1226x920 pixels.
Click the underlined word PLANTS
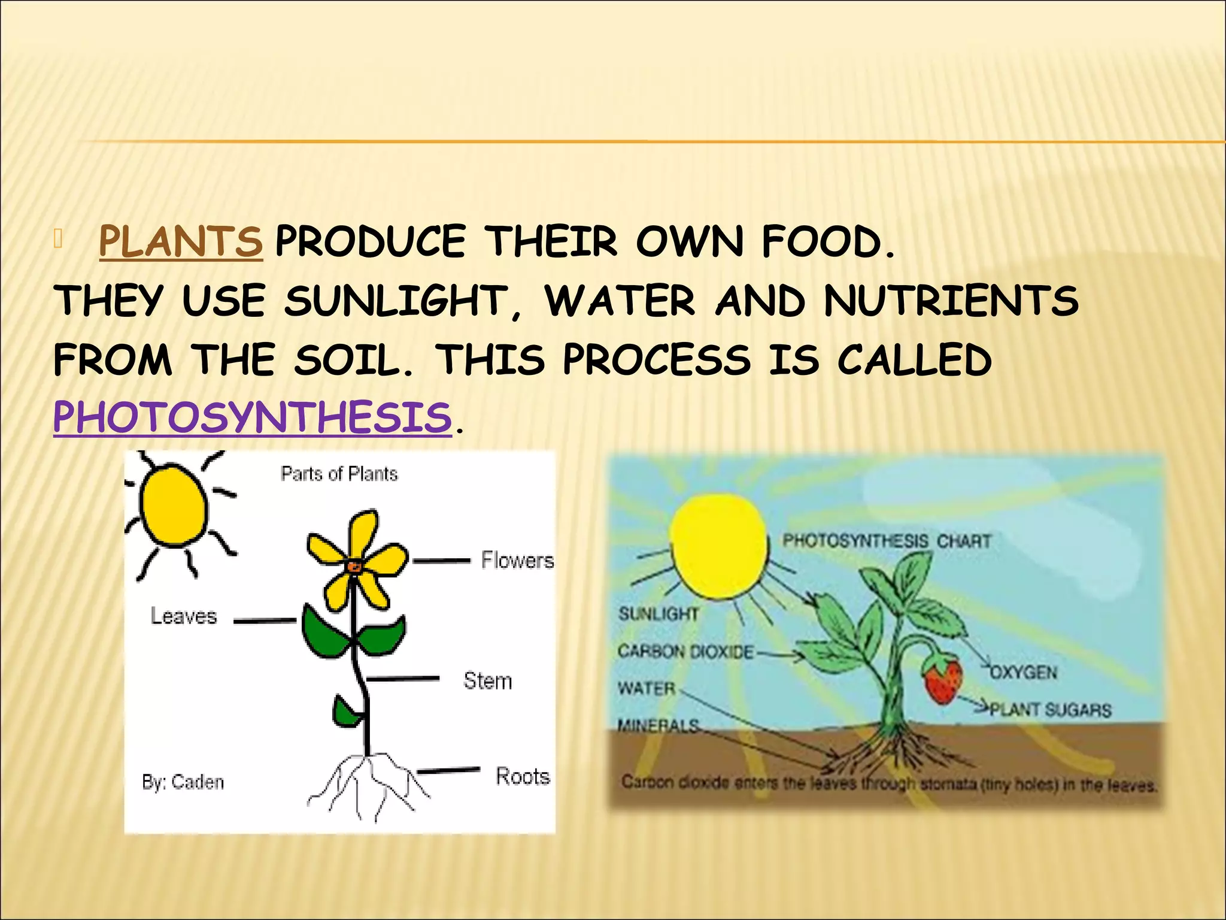coord(180,242)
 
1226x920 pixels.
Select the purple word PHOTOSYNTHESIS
coord(252,417)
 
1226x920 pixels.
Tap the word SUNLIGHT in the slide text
coord(396,301)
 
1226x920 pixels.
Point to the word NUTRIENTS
coord(951,301)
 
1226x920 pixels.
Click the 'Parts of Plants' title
coord(339,474)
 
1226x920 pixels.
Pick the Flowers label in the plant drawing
coord(517,561)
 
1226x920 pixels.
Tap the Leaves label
coord(183,616)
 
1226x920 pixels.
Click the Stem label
coord(487,681)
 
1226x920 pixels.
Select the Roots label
coord(523,776)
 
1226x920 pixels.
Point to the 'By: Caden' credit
coord(183,782)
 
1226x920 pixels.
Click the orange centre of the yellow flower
coord(354,565)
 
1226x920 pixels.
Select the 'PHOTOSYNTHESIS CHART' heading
coord(887,541)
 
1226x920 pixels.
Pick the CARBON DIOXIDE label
coord(685,652)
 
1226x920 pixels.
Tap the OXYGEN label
coord(1024,673)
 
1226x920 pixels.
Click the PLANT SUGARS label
coord(1050,710)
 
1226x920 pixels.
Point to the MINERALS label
coord(658,726)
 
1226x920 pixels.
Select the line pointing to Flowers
coord(441,561)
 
